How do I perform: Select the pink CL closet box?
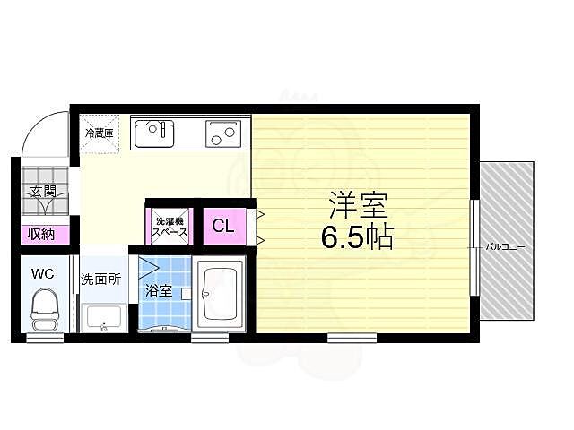[223, 226]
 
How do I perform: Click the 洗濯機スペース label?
[169, 226]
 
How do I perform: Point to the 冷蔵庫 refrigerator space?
[100, 133]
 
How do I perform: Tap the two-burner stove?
[223, 133]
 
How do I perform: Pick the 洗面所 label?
[100, 279]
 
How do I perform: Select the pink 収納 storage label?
[39, 235]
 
